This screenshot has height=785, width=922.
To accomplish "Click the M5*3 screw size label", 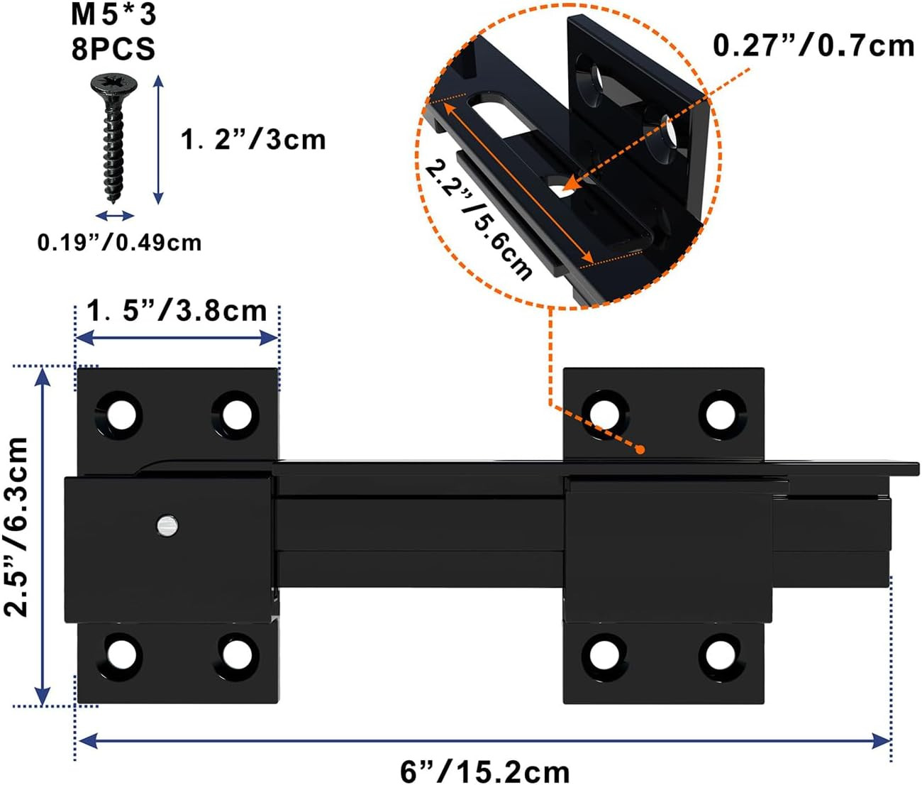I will [x=113, y=15].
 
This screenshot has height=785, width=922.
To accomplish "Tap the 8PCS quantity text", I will [x=113, y=49].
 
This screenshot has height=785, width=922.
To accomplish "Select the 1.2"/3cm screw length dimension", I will [x=253, y=139].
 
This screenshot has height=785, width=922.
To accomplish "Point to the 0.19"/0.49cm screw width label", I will [x=119, y=243].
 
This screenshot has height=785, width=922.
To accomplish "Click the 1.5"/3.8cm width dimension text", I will [x=177, y=311].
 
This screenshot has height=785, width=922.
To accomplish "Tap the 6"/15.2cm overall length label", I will [x=485, y=771].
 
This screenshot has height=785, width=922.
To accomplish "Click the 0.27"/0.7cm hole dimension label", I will [x=813, y=47].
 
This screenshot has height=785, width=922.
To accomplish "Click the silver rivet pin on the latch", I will [x=167, y=526].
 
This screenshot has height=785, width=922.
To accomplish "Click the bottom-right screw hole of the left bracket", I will [x=236, y=653].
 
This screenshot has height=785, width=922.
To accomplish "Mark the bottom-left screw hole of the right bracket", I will [x=604, y=653].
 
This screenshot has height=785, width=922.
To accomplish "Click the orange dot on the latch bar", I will [x=640, y=449].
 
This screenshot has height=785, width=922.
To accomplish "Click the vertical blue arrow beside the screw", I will [x=159, y=140].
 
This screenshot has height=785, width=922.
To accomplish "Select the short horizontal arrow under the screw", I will [x=115, y=216].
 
